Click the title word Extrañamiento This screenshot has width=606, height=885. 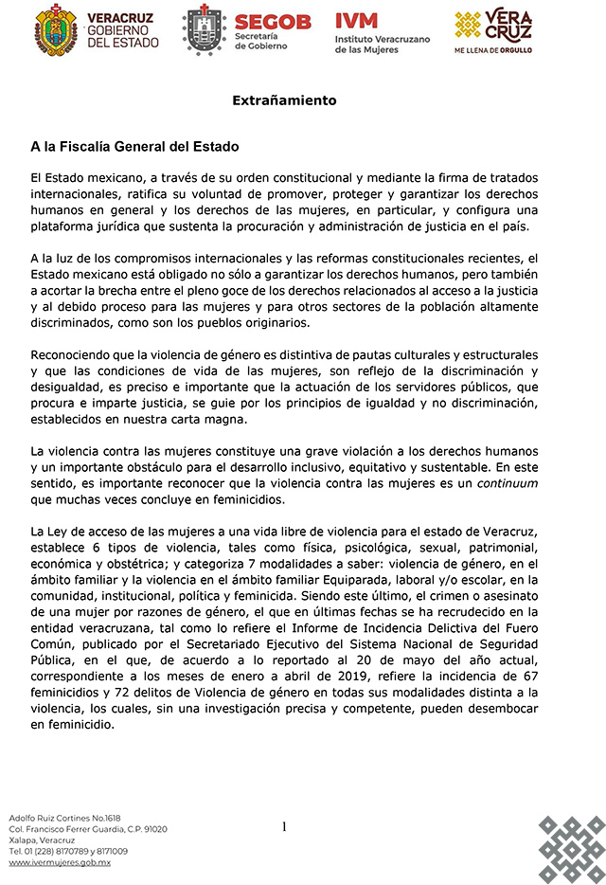pyautogui.click(x=284, y=99)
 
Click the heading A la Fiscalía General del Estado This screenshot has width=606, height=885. pyautogui.click(x=135, y=147)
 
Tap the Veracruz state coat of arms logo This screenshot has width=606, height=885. pyautogui.click(x=56, y=30)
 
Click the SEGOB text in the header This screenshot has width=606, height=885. pyautogui.click(x=272, y=22)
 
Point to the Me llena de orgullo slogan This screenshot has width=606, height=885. pyautogui.click(x=493, y=49)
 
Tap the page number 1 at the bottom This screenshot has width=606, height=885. pyautogui.click(x=284, y=827)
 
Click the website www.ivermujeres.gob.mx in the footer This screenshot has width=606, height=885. pyautogui.click(x=60, y=862)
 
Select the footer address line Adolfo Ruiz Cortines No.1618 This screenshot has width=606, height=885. pyautogui.click(x=65, y=817)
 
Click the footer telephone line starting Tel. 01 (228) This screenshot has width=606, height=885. pyautogui.click(x=68, y=851)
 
